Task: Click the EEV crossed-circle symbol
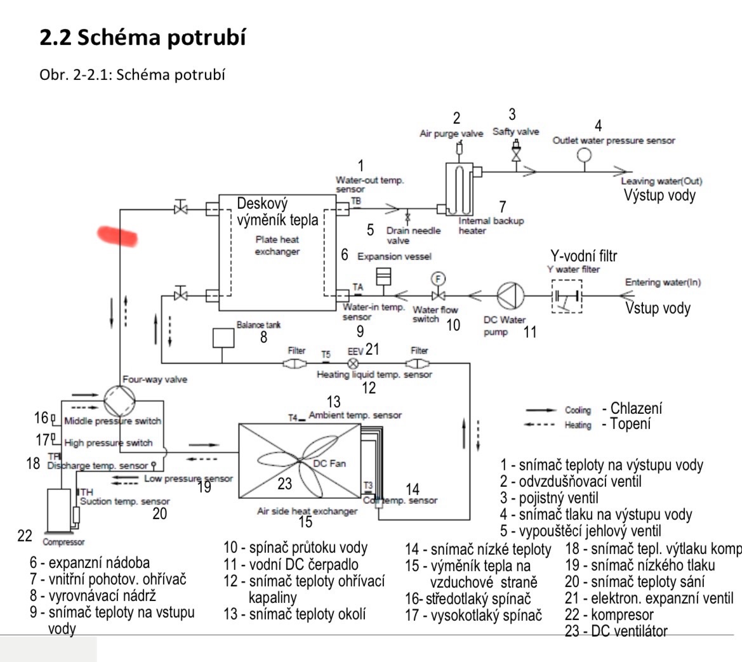click(x=354, y=364)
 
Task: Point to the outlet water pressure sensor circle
click(x=584, y=155)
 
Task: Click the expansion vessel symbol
click(x=383, y=277)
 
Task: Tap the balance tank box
click(x=222, y=338)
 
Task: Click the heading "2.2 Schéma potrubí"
click(x=142, y=38)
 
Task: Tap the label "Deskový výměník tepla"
click(x=277, y=212)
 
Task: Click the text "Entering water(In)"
click(x=663, y=282)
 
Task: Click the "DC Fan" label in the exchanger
click(x=329, y=463)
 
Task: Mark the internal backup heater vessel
click(x=459, y=189)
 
